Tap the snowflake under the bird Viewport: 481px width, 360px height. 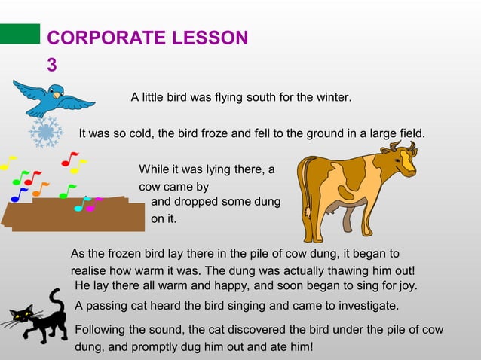(x=46, y=133)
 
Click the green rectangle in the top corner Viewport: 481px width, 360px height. (x=20, y=34)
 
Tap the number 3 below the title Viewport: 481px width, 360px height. (x=51, y=66)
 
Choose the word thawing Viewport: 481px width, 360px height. (x=335, y=271)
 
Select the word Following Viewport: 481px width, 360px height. (x=103, y=330)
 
